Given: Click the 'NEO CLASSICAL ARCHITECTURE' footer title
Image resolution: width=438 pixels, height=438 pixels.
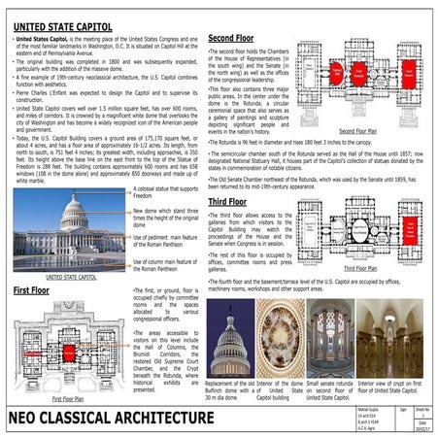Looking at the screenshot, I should click(112, 418).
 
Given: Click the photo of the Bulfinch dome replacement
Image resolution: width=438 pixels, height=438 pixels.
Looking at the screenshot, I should click(230, 336).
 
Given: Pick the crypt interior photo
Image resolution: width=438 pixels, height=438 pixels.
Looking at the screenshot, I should click(387, 336).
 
